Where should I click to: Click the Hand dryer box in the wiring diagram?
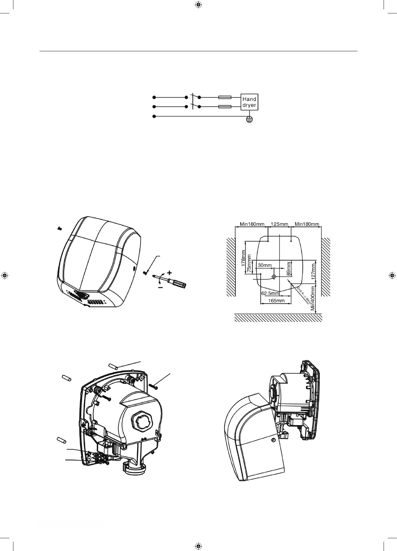tap(249, 102)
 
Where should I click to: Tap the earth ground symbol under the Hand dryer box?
tap(249, 119)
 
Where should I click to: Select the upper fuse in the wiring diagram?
tap(224, 97)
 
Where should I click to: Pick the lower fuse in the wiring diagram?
tap(224, 107)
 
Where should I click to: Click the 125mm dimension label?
tap(279, 224)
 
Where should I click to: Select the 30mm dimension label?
tap(265, 265)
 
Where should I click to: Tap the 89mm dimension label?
tap(289, 269)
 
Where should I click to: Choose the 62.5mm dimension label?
tap(270, 293)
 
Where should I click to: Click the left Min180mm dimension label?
tap(252, 224)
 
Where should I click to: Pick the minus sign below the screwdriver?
tap(160, 288)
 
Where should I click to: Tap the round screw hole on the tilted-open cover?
tap(273, 440)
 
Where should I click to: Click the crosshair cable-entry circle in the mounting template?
tap(274, 276)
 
